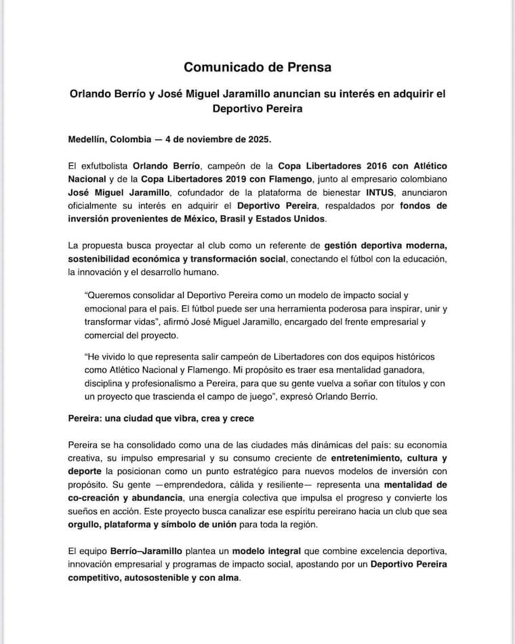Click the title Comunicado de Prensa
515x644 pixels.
pos(257,67)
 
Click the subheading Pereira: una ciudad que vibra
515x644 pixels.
pos(161,418)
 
